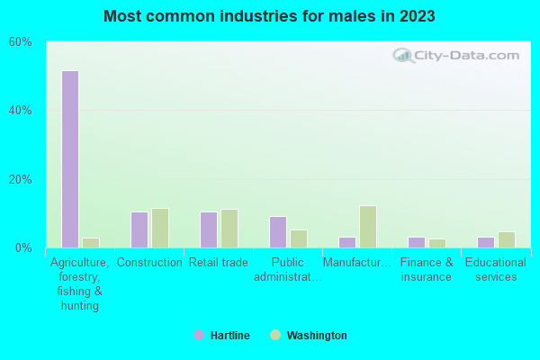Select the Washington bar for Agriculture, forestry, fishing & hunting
[91, 243]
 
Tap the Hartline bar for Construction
[139, 229]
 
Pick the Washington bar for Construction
[160, 228]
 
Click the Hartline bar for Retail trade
[209, 229]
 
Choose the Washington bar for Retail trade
[229, 229]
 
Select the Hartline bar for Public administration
[278, 232]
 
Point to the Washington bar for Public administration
[299, 238]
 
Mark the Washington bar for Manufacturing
[368, 227]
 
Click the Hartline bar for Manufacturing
[347, 242]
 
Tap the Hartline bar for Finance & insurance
[417, 242]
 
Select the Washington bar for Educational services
[507, 239]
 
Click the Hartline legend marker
[199, 335]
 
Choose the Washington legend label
[317, 336]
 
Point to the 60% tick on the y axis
[21, 42]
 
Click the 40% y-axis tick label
[21, 111]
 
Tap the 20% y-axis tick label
[21, 179]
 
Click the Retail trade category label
[219, 263]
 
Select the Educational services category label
[496, 270]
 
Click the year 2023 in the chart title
[417, 16]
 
